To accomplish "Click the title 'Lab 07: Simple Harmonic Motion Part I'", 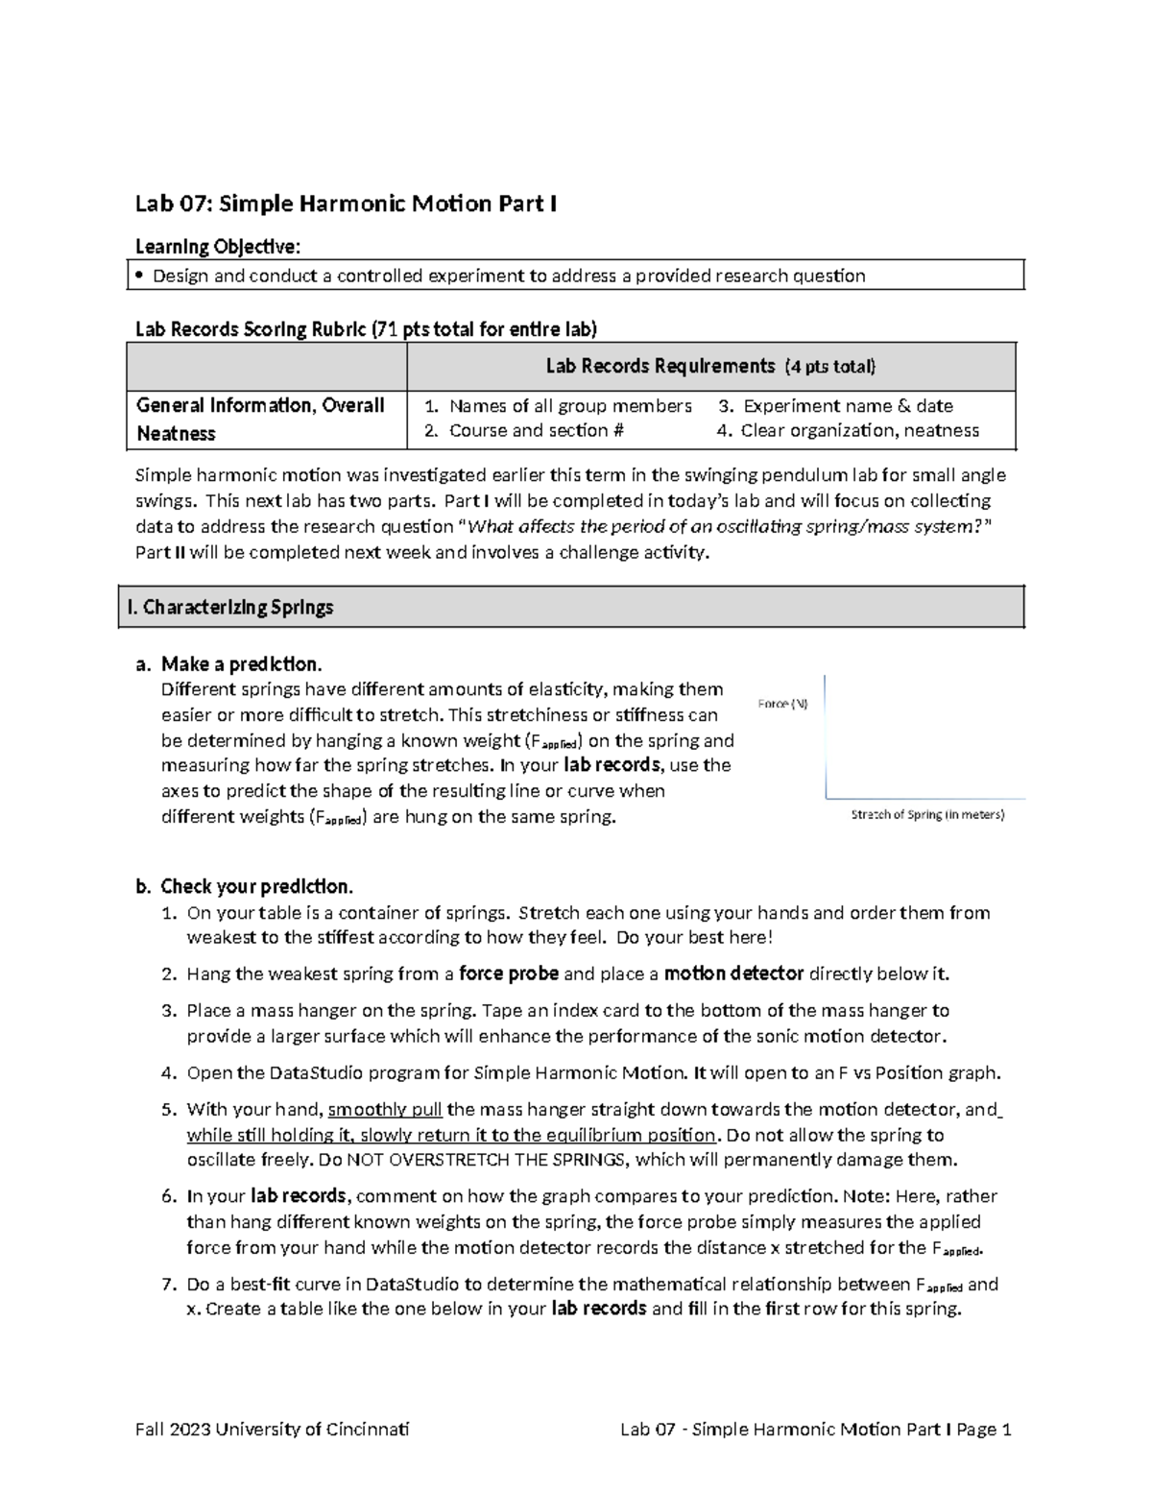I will (x=346, y=204).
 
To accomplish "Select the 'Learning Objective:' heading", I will (x=218, y=247).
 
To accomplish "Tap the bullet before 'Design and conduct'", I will (x=140, y=277).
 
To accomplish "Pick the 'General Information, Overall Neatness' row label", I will (x=260, y=420).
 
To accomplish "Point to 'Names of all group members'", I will (x=570, y=406).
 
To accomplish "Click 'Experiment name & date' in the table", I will (x=848, y=406).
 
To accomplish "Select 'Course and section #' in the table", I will (x=537, y=431).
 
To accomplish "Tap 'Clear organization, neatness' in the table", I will (x=859, y=431).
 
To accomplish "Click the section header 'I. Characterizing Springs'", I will (x=230, y=607).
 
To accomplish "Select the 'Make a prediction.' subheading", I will (x=241, y=664).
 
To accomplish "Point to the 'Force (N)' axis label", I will (x=782, y=704).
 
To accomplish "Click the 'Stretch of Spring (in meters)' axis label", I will (x=927, y=815).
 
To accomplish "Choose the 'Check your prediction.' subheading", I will (x=256, y=886).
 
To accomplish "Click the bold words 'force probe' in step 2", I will (x=509, y=974).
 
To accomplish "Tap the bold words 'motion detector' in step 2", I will (x=733, y=974).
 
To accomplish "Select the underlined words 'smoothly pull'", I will (x=385, y=1110).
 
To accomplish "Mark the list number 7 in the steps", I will (x=168, y=1285).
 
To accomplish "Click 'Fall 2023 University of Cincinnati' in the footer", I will (x=272, y=1430).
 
